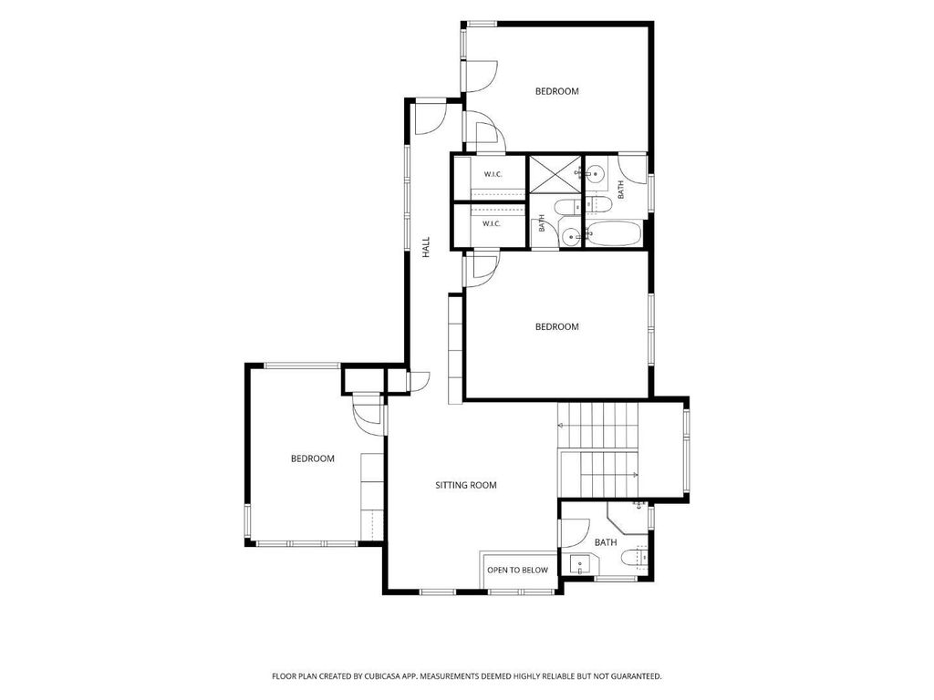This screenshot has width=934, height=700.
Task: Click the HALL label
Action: (x=426, y=248)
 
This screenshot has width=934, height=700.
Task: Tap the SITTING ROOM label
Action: (x=466, y=485)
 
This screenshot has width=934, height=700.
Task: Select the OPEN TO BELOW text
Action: (x=518, y=571)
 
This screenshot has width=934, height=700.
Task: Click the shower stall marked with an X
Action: (x=555, y=174)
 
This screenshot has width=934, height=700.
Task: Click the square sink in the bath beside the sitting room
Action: (x=579, y=564)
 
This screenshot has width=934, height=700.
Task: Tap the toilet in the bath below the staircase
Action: (x=633, y=558)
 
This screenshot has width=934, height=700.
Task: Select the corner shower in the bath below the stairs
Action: (x=628, y=518)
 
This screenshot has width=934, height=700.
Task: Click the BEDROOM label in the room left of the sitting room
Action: (x=312, y=459)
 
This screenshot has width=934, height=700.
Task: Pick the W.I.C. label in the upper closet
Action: (x=493, y=174)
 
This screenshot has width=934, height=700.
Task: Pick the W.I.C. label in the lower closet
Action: (x=492, y=224)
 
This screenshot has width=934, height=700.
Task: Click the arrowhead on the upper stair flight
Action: (x=560, y=426)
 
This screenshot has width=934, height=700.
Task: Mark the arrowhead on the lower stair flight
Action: (x=636, y=474)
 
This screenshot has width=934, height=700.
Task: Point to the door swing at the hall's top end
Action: (x=431, y=119)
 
